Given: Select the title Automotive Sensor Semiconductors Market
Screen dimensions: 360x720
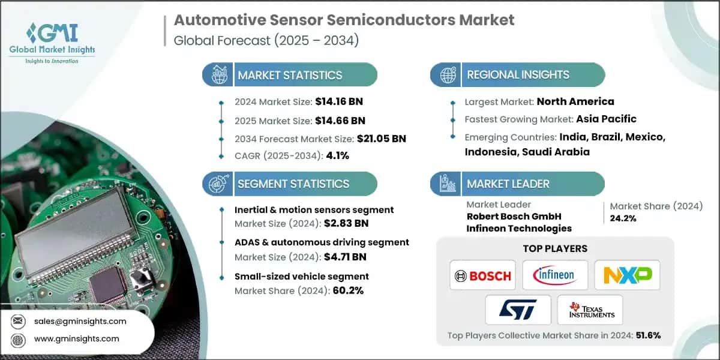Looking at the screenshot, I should pos(344,20).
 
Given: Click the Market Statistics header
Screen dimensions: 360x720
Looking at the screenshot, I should pos(290,75).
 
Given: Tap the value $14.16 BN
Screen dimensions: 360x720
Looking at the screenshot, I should pos(339,101).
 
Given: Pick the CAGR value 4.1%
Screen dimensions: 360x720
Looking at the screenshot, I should pos(337,156).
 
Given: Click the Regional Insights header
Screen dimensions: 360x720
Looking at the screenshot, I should pos(518,75).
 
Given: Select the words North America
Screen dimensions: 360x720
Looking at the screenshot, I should pos(575,101).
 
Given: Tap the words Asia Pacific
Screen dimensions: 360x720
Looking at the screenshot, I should pos(606,119).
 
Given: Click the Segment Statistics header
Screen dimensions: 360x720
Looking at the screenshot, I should pos(293,184).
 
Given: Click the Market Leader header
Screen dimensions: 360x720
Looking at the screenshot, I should pos(508,184).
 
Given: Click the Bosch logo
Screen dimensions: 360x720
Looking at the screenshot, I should pos(482,275).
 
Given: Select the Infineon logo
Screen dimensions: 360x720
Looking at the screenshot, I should pos(555,275).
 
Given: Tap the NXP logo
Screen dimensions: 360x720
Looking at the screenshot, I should pos(627,275).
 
